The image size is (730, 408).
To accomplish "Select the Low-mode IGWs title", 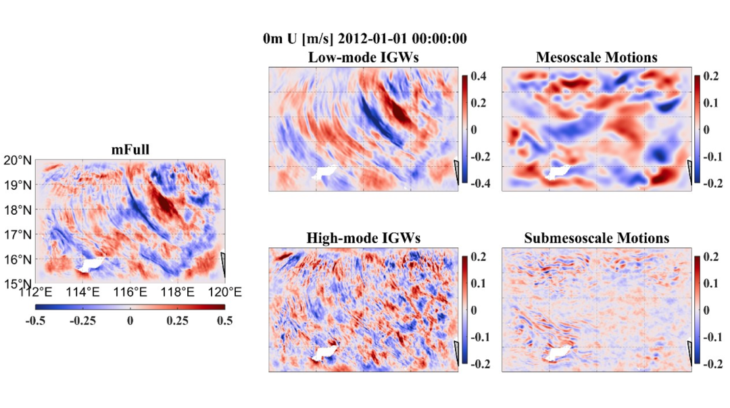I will click(363, 57).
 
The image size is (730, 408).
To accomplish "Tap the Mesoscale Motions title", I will click(596, 57).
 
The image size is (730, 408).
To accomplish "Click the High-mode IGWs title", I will click(363, 238).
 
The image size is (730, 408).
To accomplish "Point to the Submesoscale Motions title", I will click(596, 238).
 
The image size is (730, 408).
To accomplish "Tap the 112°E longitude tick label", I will click(36, 292).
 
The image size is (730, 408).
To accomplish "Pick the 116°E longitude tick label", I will click(130, 292).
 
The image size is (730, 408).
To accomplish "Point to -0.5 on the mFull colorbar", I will click(36, 321).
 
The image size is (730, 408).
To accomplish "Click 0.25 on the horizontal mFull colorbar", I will click(177, 321).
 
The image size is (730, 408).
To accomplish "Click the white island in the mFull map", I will click(89, 264).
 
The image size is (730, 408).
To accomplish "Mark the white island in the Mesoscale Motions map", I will click(559, 172).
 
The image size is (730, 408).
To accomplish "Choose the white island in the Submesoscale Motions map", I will click(559, 353).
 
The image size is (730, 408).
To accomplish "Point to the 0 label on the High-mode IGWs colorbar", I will click(474, 310).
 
